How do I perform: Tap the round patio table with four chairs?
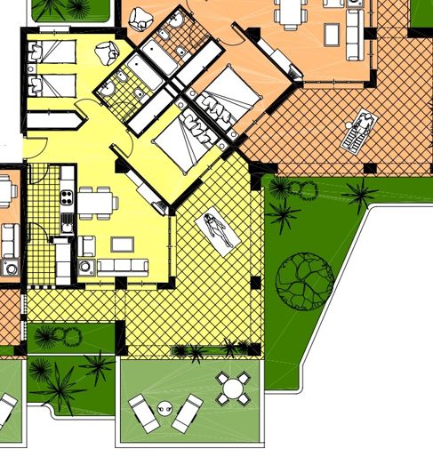click(x=233, y=389)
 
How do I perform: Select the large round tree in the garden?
click(x=304, y=278)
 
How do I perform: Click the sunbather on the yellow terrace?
click(x=220, y=230)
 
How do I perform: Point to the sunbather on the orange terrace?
click(x=359, y=132)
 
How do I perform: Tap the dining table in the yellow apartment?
click(x=97, y=201)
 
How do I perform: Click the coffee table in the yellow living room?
click(x=121, y=243)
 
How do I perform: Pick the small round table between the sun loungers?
click(x=164, y=408)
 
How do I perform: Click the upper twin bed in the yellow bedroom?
click(x=52, y=52)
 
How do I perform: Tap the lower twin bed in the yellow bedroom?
click(x=52, y=85)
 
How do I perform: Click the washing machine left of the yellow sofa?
click(x=86, y=265)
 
